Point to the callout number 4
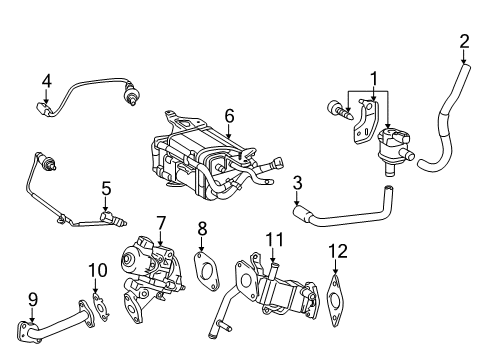coord(46,80)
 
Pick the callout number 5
coord(105,186)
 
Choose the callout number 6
coord(229,116)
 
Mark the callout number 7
coord(159,221)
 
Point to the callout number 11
coord(270,238)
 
